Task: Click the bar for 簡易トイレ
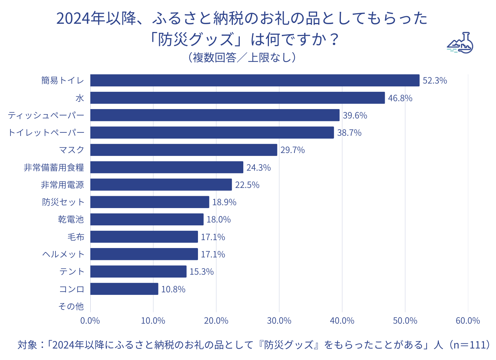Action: coord(254,80)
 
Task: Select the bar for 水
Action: coord(237,98)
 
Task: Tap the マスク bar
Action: coord(184,150)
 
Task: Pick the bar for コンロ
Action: coord(124,289)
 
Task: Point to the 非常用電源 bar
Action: coord(161,185)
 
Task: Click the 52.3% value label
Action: coord(435,81)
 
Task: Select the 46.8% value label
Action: coord(400,98)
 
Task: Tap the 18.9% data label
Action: coord(224,202)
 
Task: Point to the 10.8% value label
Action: coord(173,289)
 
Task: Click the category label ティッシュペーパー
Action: coord(46,116)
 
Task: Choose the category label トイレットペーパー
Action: coord(46,133)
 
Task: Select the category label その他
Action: coord(71,306)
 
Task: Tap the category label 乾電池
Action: coord(71,220)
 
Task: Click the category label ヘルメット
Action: coord(63,255)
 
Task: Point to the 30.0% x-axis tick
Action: coord(279,321)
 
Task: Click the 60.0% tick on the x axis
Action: coord(468,321)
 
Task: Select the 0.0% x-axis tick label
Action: coord(90,321)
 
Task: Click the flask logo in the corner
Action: coord(460,43)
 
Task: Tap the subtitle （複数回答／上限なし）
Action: coord(242,58)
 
